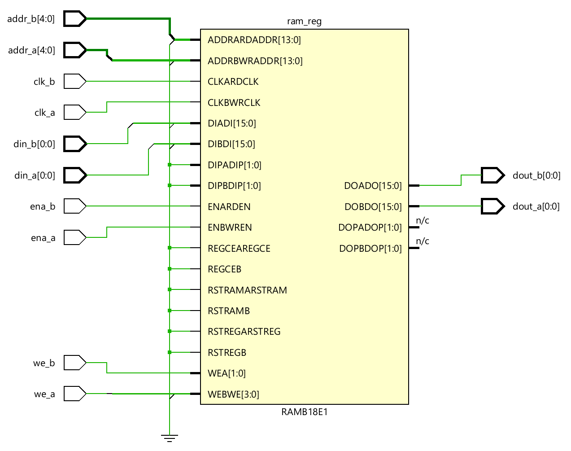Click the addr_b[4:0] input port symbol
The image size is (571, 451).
coord(74,19)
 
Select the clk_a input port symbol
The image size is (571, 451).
coord(74,112)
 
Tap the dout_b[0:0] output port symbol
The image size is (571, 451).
coord(493,175)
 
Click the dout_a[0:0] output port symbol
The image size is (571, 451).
coord(493,206)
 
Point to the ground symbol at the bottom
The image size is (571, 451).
coord(170,438)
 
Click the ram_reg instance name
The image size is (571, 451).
coord(304,22)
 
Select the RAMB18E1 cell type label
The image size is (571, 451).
coord(304,412)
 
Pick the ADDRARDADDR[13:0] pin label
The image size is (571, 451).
coord(254,40)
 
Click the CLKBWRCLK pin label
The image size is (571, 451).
coord(234,103)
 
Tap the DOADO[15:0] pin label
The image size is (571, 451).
coord(373,186)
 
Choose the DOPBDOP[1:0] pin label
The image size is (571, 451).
coord(370,249)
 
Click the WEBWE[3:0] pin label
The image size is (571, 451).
coord(234,394)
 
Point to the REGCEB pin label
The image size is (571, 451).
coord(225,269)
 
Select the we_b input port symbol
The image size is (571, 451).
coord(74,363)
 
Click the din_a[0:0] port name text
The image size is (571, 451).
coord(35,175)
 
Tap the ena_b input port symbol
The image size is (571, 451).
coord(74,206)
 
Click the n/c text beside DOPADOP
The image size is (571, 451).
coord(423,220)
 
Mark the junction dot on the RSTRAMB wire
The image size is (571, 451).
coord(170,311)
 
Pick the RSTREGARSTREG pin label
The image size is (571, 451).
coord(244,332)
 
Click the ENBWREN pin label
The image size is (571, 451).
coord(230,228)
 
